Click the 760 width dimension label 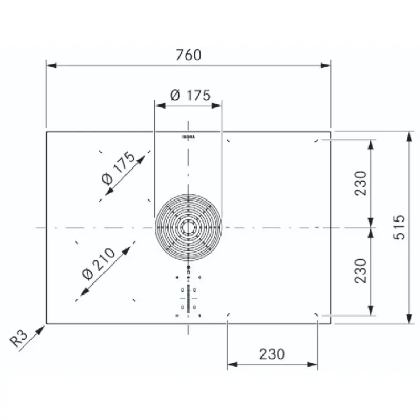pyautogui.click(x=188, y=55)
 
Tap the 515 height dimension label pyautogui.click(x=399, y=227)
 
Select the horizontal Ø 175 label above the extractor pyautogui.click(x=190, y=96)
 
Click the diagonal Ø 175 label pyautogui.click(x=119, y=168)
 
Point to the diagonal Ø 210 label pyautogui.click(x=99, y=264)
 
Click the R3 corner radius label pyautogui.click(x=18, y=339)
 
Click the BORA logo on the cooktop pyautogui.click(x=188, y=137)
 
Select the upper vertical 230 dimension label pyautogui.click(x=360, y=183)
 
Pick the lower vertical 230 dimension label pyautogui.click(x=360, y=271)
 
